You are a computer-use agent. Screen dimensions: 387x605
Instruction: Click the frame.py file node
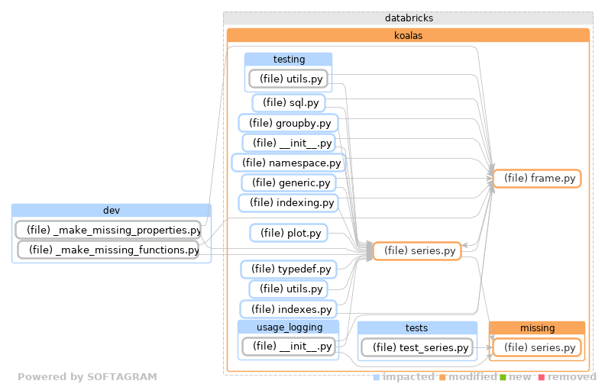coord(537,179)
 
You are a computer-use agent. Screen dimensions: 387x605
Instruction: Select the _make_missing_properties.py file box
coord(108,230)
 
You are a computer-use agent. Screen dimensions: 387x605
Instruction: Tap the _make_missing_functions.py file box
coord(108,250)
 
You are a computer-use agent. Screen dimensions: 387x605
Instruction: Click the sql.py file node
coord(290,103)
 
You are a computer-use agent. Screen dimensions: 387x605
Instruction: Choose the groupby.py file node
coord(288,123)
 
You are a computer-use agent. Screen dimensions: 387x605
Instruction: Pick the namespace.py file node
coord(288,163)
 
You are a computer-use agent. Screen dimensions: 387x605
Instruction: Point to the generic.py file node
coord(288,182)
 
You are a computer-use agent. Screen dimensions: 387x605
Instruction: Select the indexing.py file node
coord(288,203)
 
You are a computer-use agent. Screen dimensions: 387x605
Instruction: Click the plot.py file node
coord(289,233)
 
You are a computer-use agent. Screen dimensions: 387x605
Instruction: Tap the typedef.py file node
coord(288,269)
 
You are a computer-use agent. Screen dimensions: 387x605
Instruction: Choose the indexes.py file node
coord(288,309)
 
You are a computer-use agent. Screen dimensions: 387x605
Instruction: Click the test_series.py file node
coord(417,347)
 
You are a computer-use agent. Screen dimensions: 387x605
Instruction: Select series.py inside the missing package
coord(537,347)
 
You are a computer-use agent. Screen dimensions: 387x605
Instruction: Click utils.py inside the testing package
coord(288,79)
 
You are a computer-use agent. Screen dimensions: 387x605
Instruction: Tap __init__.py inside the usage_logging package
coord(288,347)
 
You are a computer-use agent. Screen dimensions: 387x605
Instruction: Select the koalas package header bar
coord(408,35)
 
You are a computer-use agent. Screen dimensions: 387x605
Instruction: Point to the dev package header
coord(112,211)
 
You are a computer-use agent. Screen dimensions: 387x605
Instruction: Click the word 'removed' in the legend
coord(571,377)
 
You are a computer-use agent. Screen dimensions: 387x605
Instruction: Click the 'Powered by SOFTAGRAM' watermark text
coord(87,377)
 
